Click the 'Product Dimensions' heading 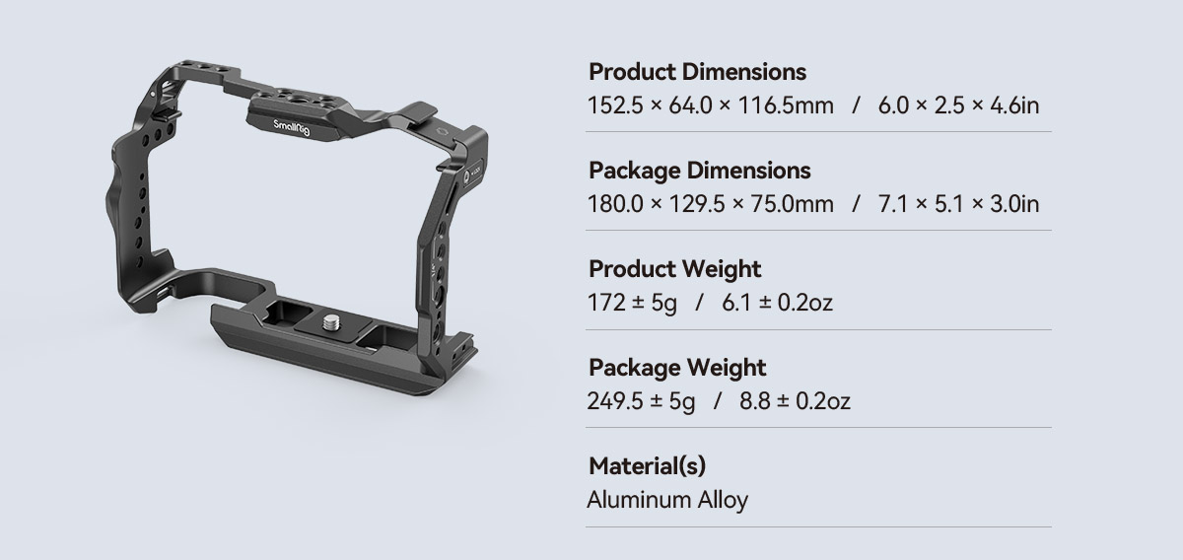click(x=697, y=72)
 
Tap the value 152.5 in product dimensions click(x=615, y=105)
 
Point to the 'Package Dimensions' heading click(x=699, y=171)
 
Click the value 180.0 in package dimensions click(x=615, y=204)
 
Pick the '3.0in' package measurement click(x=1014, y=204)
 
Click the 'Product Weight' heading click(x=674, y=269)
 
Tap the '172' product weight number click(x=606, y=303)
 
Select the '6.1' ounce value click(x=736, y=303)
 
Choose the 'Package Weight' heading click(x=677, y=368)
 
